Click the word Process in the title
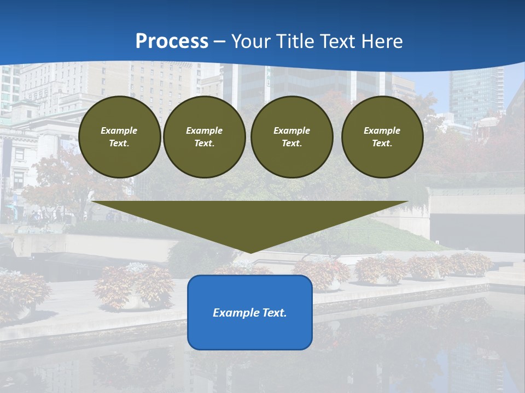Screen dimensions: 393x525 (172, 41)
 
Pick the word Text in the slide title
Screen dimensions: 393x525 (336, 41)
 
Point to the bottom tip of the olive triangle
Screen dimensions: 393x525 (250, 252)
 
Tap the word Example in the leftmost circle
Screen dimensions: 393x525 (119, 130)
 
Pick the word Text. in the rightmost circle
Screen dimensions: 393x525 (382, 143)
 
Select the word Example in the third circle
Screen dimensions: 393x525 (292, 130)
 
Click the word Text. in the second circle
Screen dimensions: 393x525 (205, 143)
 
